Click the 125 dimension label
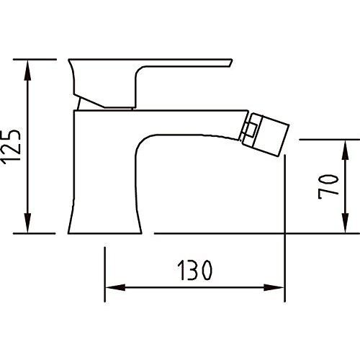[10, 147]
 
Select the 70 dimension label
[328, 186]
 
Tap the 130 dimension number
[194, 270]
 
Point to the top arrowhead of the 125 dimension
[28, 71]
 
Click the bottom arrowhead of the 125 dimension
[28, 222]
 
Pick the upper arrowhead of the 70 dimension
[345, 150]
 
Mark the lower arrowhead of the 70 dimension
[345, 222]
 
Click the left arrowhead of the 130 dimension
[116, 287]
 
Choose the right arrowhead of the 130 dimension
[274, 287]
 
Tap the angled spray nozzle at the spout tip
[265, 135]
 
